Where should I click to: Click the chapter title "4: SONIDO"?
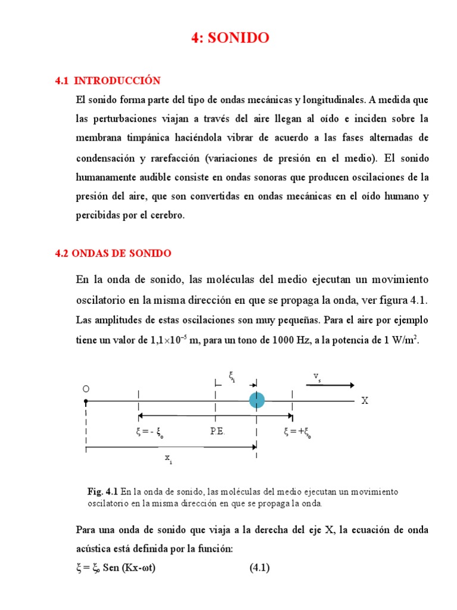pyautogui.click(x=230, y=38)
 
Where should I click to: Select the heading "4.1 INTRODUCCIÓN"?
pyautogui.click(x=108, y=80)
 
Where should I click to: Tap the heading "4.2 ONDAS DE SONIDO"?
pyautogui.click(x=113, y=253)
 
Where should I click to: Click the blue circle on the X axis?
pyautogui.click(x=257, y=400)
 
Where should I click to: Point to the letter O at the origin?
pyautogui.click(x=86, y=388)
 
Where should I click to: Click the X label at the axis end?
pyautogui.click(x=365, y=401)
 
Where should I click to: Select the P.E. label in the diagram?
pyautogui.click(x=217, y=431)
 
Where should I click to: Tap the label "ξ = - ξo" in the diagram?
pyautogui.click(x=150, y=432)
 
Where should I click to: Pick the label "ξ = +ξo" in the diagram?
pyautogui.click(x=298, y=432)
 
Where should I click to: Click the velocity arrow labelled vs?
pyautogui.click(x=330, y=385)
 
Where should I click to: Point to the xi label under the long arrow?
pyautogui.click(x=169, y=459)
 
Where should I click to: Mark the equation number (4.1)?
pyautogui.click(x=259, y=568)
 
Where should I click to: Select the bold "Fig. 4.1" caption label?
pyautogui.click(x=103, y=492)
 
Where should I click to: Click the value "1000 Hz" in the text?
pyautogui.click(x=280, y=340)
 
